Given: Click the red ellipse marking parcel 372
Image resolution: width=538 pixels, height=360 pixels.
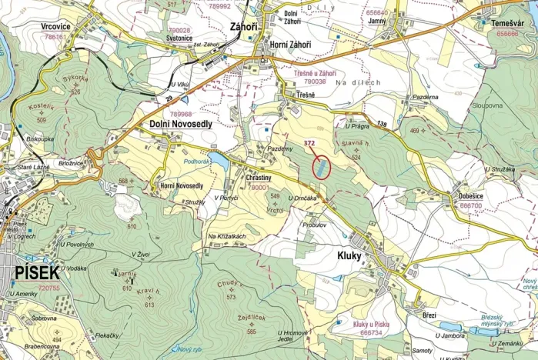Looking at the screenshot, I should tap(321, 167).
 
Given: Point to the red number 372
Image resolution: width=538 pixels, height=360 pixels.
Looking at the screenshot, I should tap(310, 143).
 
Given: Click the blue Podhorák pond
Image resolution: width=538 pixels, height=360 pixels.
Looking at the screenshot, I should tap(218, 162).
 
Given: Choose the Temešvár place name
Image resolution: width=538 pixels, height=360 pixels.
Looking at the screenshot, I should tap(507, 24).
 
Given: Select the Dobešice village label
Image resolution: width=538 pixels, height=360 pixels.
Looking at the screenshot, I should tap(471, 196).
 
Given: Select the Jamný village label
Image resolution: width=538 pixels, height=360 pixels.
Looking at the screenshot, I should tap(377, 22).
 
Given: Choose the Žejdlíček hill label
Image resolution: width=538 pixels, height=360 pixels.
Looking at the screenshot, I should tap(252, 318).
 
